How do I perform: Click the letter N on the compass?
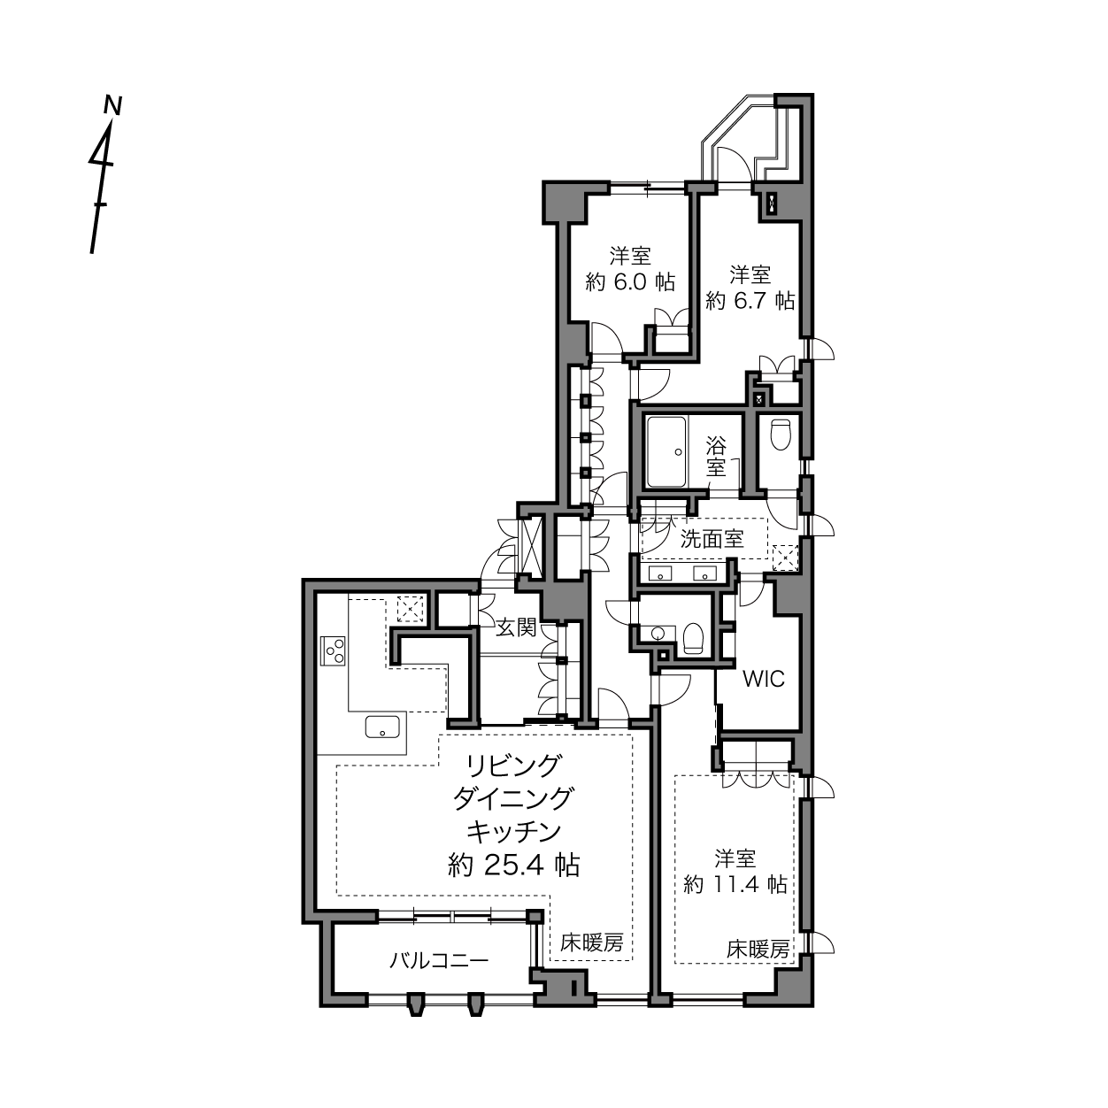pos(112,106)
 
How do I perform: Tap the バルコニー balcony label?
pos(439,960)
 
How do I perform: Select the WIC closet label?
pos(764,679)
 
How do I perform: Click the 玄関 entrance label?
pos(516,627)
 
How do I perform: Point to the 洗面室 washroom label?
pos(712,539)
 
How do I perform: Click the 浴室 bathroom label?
pos(717,457)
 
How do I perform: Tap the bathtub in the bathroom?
pos(666,452)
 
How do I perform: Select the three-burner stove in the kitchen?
pos(333,650)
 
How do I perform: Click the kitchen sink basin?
pos(382,727)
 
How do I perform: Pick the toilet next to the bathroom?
pos(781,435)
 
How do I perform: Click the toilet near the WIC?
pos(694,638)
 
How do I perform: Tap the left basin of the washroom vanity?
pos(660,573)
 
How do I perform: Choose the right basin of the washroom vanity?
pos(705,573)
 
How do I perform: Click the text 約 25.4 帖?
pos(513,865)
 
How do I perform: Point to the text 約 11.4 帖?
pos(735,885)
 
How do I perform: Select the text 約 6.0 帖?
pos(630,281)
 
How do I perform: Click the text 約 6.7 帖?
pos(750,300)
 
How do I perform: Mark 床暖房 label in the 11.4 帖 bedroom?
pos(758,950)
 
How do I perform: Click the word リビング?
pos(513,766)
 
